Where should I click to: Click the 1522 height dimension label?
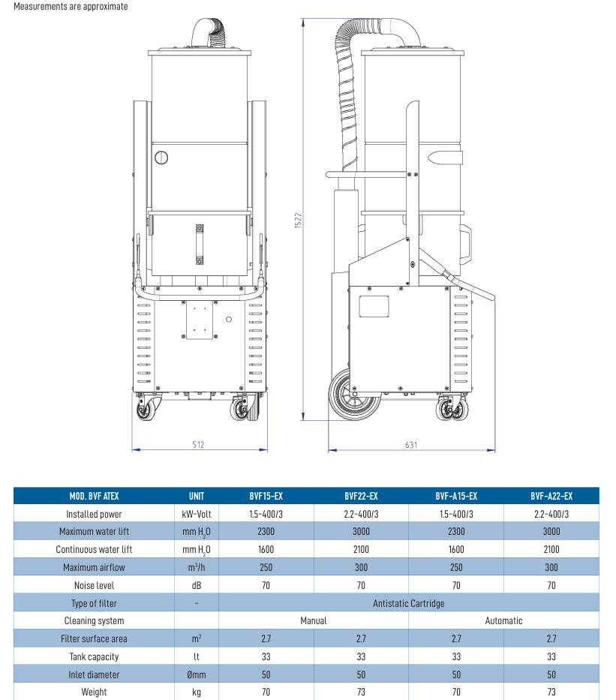[298, 221]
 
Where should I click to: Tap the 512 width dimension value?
[198, 445]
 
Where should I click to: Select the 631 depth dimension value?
[411, 445]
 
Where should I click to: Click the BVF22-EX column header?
[361, 496]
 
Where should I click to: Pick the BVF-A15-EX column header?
[456, 496]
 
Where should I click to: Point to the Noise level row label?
[95, 585]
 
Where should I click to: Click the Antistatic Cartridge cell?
[409, 603]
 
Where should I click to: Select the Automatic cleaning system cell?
[503, 620]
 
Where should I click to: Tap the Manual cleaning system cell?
[314, 620]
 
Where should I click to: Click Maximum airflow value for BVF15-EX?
[266, 567]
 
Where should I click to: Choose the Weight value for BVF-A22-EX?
[551, 692]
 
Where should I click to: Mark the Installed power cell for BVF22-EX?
[361, 514]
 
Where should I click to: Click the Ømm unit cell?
[197, 674]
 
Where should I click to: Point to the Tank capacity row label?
[95, 656]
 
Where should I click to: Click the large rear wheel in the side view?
[354, 394]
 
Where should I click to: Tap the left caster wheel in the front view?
[146, 409]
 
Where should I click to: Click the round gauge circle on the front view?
[161, 158]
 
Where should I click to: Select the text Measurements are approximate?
[71, 6]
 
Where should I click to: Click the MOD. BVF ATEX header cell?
[95, 496]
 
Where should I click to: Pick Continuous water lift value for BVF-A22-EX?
[551, 549]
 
